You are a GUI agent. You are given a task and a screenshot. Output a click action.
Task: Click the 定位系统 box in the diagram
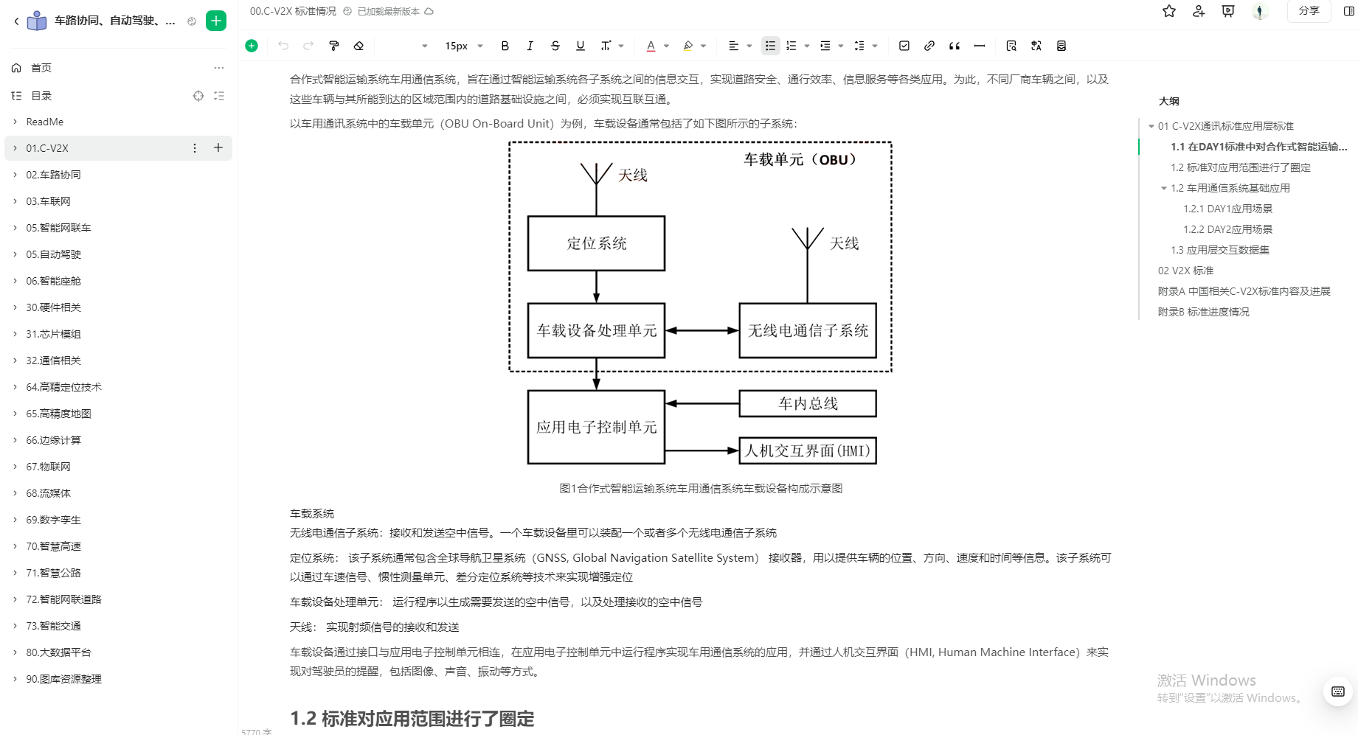[596, 243]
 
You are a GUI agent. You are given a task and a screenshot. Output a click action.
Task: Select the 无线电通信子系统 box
[808, 330]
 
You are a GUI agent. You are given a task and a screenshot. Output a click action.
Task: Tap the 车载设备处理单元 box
[596, 330]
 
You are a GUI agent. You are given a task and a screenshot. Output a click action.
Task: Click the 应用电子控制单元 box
[596, 427]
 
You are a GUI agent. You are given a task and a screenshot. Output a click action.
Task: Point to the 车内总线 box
[808, 403]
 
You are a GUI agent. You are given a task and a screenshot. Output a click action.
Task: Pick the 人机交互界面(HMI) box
[808, 450]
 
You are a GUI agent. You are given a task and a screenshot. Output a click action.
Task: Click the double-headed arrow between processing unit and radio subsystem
[701, 330]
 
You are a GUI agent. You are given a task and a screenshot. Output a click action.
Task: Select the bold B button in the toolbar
[505, 46]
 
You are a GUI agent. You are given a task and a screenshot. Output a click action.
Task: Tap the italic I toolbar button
[530, 46]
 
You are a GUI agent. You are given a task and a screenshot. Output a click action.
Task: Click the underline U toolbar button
[581, 46]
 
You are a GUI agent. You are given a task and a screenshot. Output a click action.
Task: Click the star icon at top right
[1169, 11]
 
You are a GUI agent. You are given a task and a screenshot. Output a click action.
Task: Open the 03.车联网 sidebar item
[49, 201]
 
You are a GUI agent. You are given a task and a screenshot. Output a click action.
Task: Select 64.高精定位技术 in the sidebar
[64, 387]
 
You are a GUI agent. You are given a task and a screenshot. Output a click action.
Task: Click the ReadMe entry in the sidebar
[45, 122]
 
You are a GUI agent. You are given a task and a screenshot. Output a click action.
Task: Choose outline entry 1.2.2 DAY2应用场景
[1227, 229]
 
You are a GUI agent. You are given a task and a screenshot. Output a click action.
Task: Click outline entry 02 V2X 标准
[1185, 271]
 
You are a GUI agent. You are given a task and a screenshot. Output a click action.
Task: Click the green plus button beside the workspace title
[216, 21]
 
